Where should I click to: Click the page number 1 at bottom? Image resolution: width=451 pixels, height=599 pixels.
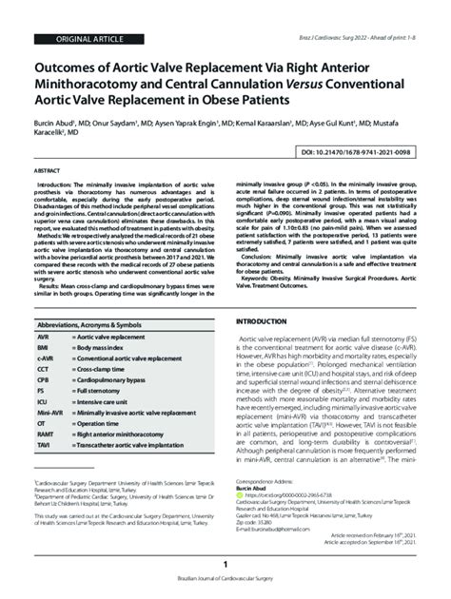(x=225, y=564)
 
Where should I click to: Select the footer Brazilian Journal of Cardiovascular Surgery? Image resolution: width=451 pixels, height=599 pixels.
(x=225, y=581)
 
